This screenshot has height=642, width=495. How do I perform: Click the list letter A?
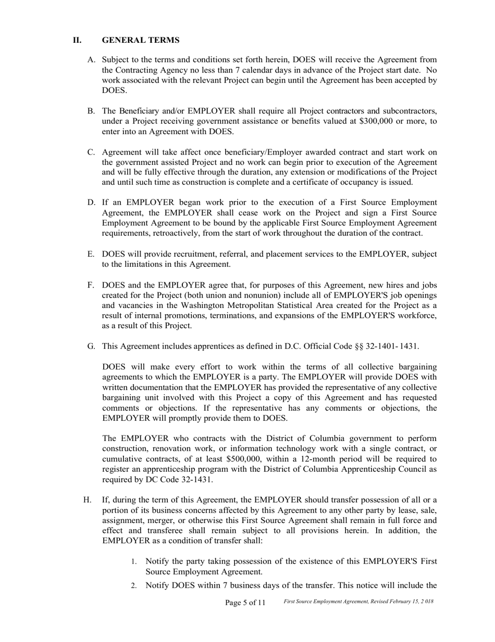[91, 60]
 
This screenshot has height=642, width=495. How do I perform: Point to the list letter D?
[91, 203]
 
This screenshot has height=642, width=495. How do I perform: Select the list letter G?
[91, 346]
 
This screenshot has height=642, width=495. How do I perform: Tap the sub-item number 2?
[134, 586]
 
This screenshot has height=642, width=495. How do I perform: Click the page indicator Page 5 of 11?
[245, 603]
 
